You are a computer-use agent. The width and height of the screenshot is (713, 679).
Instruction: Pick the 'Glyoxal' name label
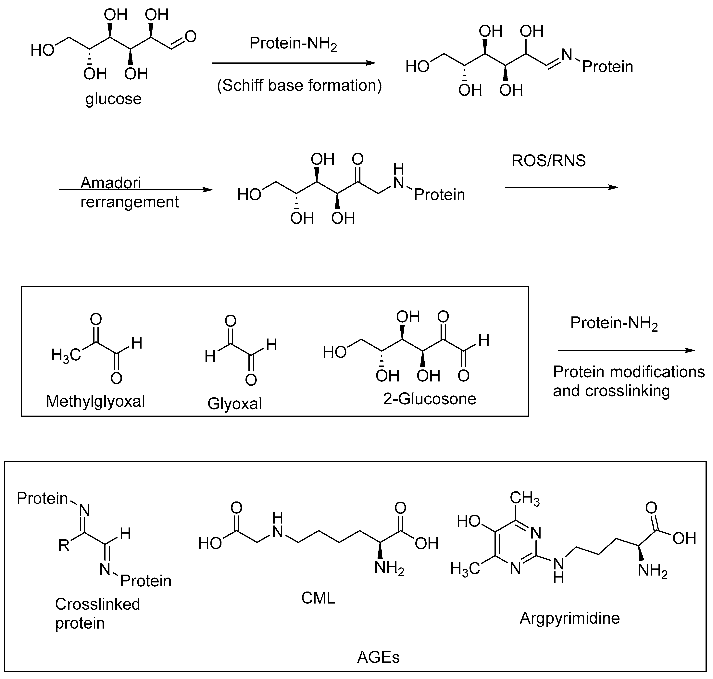234,404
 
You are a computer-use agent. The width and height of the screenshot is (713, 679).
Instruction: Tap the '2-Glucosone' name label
430,399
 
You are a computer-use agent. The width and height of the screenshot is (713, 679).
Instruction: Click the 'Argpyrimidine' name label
569,618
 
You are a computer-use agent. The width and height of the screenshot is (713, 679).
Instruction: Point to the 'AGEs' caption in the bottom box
378,657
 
